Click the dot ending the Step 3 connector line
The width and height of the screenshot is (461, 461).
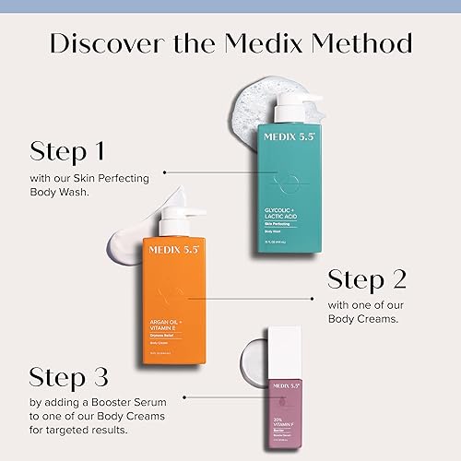(x=186, y=398)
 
